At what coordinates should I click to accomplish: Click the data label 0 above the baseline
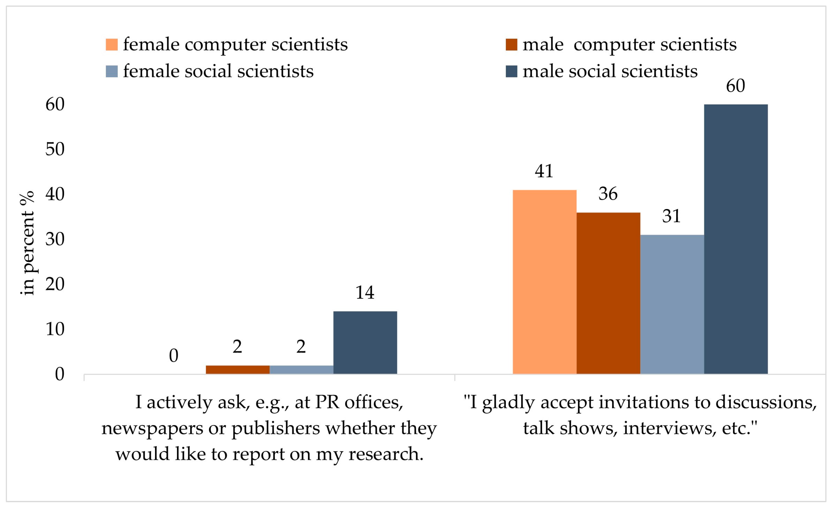[174, 355]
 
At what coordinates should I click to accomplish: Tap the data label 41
[544, 171]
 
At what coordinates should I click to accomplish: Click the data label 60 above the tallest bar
[735, 86]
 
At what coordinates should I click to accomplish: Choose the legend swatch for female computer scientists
[112, 44]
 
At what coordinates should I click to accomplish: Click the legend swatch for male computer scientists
[511, 44]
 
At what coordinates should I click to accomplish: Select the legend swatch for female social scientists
[112, 71]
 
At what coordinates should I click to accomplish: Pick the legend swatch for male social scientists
[511, 71]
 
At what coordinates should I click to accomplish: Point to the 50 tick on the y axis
[55, 149]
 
